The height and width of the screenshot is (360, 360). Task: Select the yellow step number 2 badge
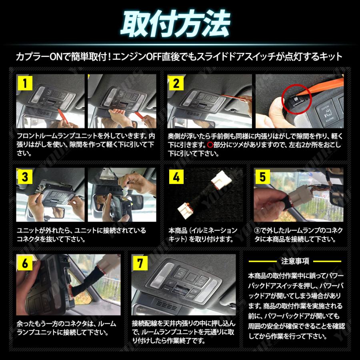click(x=176, y=84)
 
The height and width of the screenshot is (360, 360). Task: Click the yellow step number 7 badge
click(x=141, y=263)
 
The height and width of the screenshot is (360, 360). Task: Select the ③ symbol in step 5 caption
click(x=258, y=231)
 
